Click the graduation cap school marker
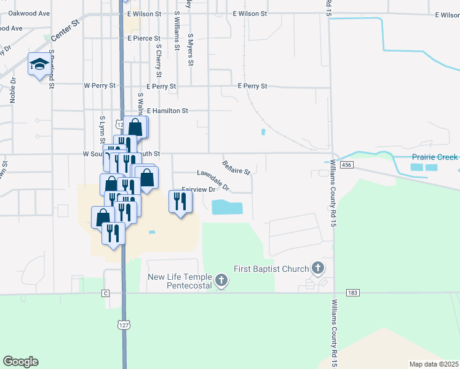click(x=39, y=64)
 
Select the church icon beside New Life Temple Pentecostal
click(x=221, y=282)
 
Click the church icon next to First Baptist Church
click(x=317, y=268)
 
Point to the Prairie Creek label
click(x=434, y=157)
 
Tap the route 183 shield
click(x=352, y=293)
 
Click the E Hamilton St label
click(x=167, y=111)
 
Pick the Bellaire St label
click(x=236, y=166)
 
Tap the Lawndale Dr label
click(x=213, y=179)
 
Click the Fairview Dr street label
click(x=199, y=190)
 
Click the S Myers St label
click(x=191, y=50)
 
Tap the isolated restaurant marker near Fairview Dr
click(x=180, y=202)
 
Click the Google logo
click(x=20, y=362)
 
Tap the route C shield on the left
click(x=106, y=293)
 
